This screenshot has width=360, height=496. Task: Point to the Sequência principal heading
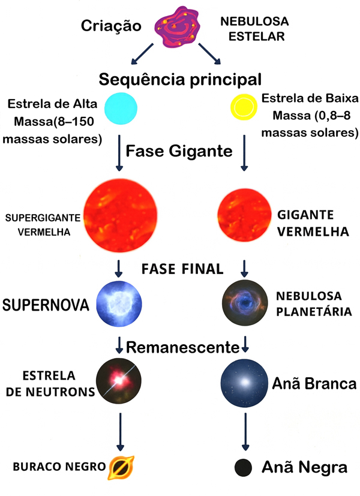180,79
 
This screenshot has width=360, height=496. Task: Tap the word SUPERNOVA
46,305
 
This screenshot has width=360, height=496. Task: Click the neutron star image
120,382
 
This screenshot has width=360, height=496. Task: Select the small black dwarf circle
242,468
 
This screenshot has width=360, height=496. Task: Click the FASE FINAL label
182,268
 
